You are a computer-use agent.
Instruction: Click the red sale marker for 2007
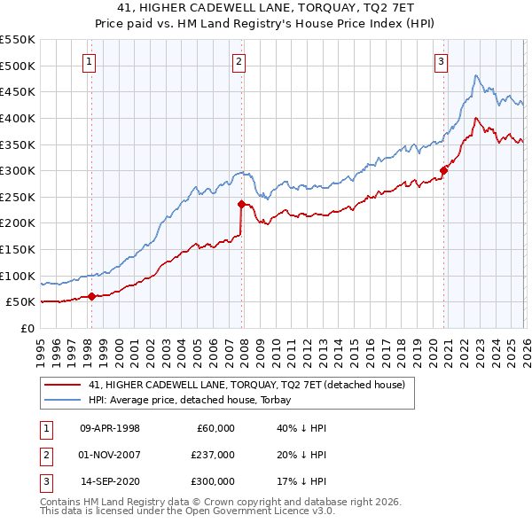(241, 204)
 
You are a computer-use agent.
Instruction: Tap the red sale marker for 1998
(91, 297)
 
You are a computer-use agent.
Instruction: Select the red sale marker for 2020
(443, 171)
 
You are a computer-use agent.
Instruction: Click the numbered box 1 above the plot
(90, 61)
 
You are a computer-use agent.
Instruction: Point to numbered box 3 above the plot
(442, 61)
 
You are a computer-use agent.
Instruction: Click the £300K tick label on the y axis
(17, 170)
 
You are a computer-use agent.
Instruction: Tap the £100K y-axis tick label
(17, 276)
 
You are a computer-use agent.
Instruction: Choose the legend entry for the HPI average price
(192, 400)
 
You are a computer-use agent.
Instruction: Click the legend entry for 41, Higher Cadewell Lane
(246, 384)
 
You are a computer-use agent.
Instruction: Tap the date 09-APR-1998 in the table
(110, 428)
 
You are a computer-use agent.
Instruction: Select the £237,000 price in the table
(213, 455)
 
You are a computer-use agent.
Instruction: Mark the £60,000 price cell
(215, 428)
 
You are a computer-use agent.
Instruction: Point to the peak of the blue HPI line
(476, 75)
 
